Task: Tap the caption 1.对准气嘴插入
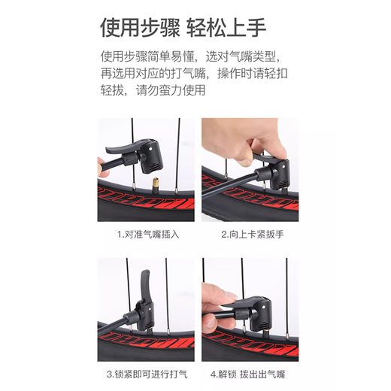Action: coord(148,234)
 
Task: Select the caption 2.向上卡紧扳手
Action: coord(250,234)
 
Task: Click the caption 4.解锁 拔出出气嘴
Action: coord(250,374)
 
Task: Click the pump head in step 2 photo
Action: coord(272,171)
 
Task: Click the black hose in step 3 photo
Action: coord(113,329)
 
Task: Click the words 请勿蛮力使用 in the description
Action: coord(170,89)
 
